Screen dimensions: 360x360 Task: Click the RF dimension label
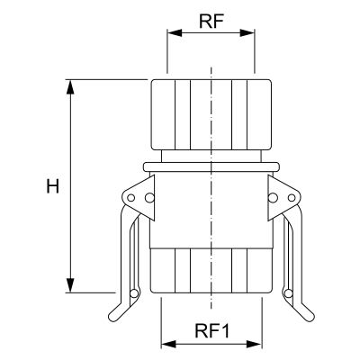(211, 21)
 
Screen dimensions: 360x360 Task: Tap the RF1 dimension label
(212, 331)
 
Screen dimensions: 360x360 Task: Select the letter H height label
(53, 186)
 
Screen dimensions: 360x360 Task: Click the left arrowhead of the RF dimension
(175, 33)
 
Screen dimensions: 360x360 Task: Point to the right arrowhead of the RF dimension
(247, 33)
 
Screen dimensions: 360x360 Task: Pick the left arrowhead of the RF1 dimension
(168, 344)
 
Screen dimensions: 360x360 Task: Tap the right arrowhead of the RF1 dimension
(255, 344)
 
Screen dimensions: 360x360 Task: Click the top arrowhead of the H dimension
(70, 87)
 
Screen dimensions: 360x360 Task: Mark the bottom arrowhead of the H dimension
(70, 285)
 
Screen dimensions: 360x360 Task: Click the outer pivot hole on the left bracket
(131, 198)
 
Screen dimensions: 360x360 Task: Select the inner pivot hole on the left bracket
(149, 198)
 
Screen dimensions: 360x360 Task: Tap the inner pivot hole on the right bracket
(273, 198)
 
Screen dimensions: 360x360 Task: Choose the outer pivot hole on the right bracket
(292, 198)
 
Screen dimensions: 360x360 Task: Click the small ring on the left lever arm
(134, 293)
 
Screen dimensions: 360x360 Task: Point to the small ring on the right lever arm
(288, 293)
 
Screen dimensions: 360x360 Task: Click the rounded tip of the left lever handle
(112, 318)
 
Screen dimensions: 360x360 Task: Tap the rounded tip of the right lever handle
(310, 318)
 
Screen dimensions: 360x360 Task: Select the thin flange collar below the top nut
(211, 167)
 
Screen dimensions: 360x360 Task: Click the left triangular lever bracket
(139, 198)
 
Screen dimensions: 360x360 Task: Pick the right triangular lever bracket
(284, 198)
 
